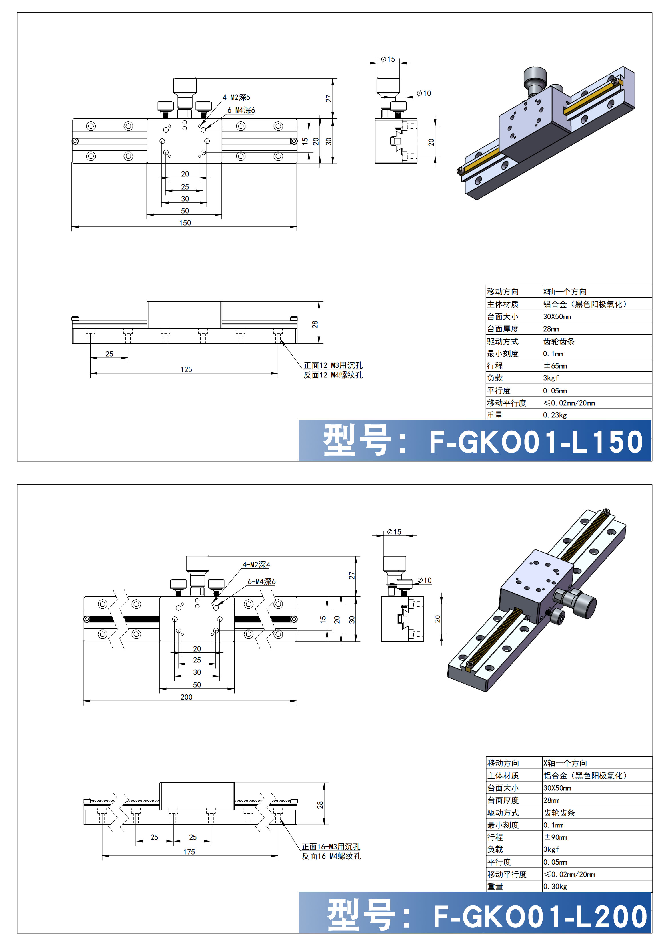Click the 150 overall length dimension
[185, 223]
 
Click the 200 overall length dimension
[186, 697]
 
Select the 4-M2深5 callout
[236, 97]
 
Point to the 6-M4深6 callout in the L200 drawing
[262, 581]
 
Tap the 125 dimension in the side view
[186, 369]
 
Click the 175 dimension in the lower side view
[189, 852]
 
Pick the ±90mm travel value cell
[555, 837]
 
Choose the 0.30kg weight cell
[555, 886]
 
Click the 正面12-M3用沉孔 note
[333, 365]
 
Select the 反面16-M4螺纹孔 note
[331, 856]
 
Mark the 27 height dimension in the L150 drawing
[328, 99]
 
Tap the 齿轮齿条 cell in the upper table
[559, 341]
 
